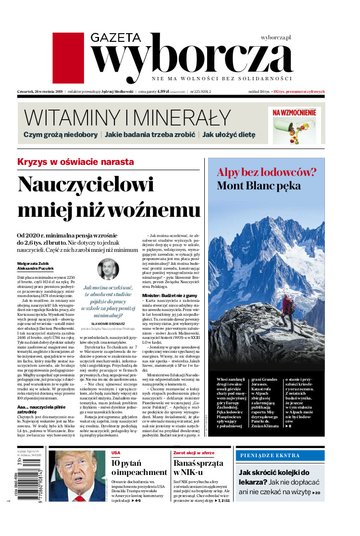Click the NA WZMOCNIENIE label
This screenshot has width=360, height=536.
point(294,112)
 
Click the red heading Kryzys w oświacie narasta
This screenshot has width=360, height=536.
point(75,162)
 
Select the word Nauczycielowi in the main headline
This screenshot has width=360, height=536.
point(86,185)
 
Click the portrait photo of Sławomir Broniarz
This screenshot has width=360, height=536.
point(108,269)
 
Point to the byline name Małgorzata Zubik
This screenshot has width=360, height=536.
point(34,263)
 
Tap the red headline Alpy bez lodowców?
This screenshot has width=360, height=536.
point(266,173)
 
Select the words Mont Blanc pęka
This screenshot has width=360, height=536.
point(259,186)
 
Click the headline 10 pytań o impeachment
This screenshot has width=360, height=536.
point(132,472)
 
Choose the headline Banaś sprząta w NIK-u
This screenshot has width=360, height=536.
point(198,472)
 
